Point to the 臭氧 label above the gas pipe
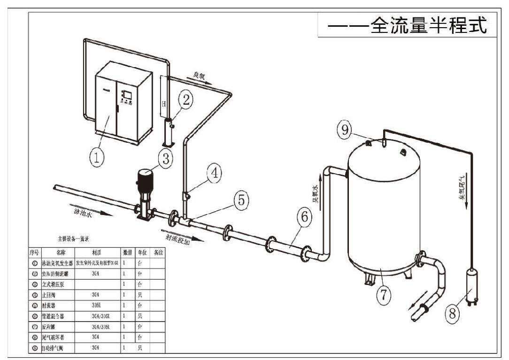pyautogui.click(x=200, y=75)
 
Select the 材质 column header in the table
pyautogui.click(x=97, y=252)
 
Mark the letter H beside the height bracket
pyautogui.click(x=163, y=103)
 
